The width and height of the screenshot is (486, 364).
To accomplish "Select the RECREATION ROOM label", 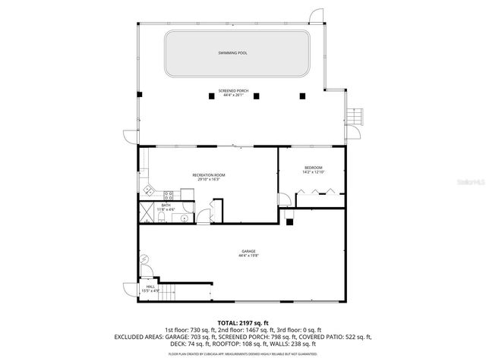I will point(208,175).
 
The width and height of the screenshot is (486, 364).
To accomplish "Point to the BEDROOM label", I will point(314,168).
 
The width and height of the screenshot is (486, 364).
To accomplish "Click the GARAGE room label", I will point(248,251).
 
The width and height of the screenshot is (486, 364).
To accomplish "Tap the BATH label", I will point(166,205).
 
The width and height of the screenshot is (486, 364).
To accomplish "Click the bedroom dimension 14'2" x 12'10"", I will point(314,173).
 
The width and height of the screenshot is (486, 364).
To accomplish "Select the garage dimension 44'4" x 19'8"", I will point(248,256).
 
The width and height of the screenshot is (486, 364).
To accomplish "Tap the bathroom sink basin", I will point(185,219).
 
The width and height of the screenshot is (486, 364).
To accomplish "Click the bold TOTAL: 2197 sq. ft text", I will point(243,323).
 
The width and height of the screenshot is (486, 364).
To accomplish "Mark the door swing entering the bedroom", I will point(282,201).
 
